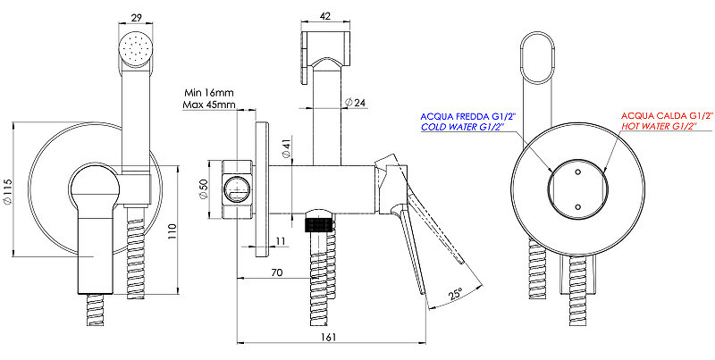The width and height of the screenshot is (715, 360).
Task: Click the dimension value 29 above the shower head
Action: coord(137,18)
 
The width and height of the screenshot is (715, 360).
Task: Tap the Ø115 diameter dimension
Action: coord(6,189)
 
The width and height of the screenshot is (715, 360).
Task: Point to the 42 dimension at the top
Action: coord(325,15)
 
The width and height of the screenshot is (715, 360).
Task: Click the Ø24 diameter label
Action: coord(356,103)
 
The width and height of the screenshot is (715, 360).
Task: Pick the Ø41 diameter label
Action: coord(286,149)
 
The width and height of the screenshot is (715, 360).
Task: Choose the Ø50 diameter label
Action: coord(204,189)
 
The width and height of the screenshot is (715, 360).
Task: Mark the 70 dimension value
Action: coord(277,272)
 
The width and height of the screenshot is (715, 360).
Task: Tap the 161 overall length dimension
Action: coord(328,337)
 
